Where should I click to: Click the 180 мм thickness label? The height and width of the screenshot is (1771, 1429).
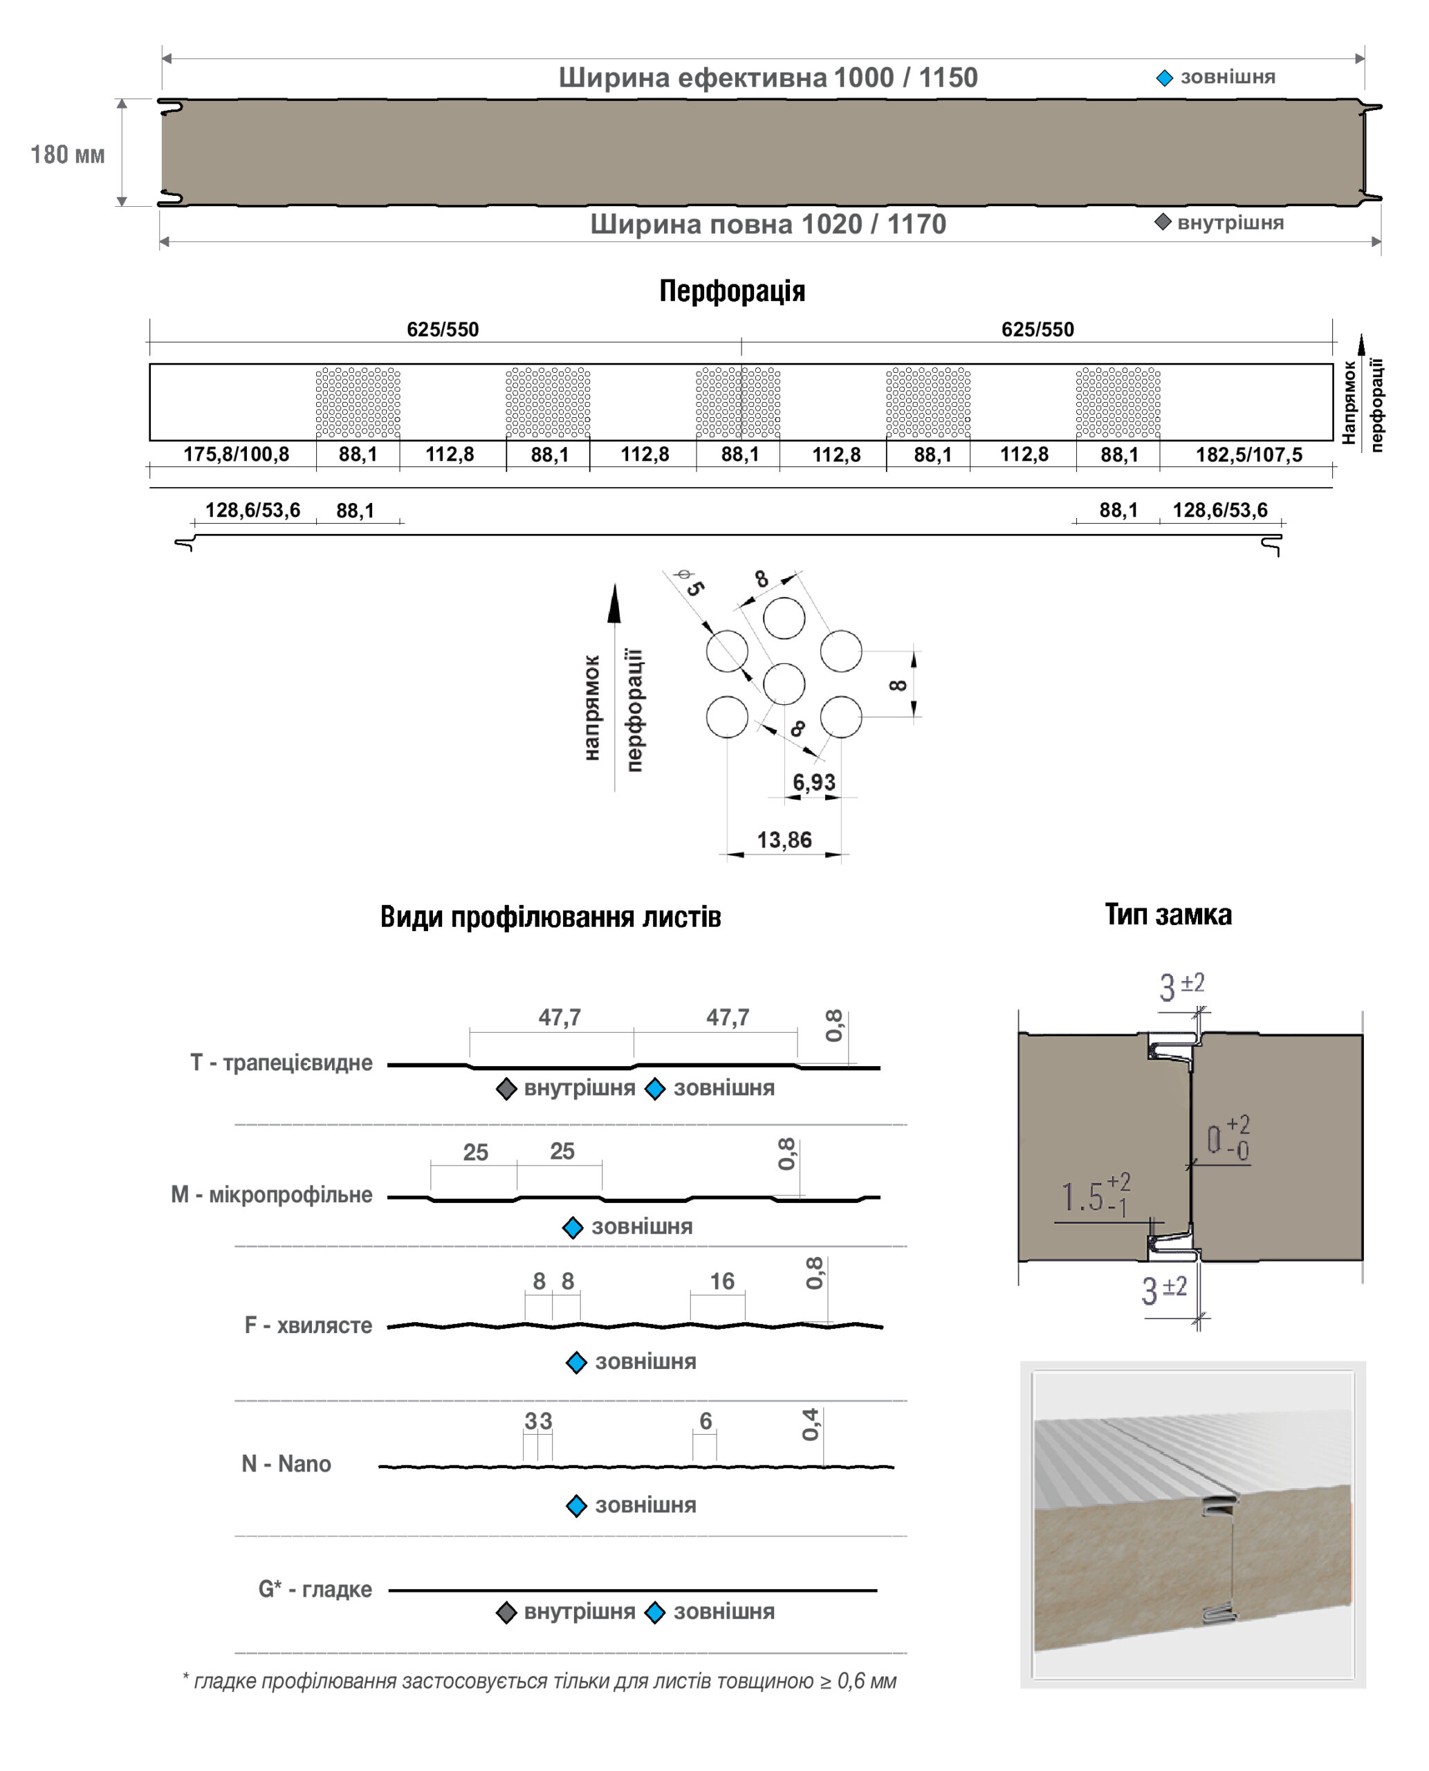[x=68, y=155]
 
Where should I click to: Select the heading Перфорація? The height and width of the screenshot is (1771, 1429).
[x=732, y=291]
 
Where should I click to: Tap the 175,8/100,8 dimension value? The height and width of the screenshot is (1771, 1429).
[x=237, y=455]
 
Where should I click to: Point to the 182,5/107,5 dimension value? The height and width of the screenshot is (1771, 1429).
[x=1248, y=455]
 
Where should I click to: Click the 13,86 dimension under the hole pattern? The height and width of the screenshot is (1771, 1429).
[x=784, y=840]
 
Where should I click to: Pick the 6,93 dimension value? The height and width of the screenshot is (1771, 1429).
[x=813, y=782]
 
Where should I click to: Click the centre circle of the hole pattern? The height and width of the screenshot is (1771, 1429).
[x=784, y=683]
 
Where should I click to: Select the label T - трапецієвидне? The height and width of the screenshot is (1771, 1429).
[x=282, y=1063]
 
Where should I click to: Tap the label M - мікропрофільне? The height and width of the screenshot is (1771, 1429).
[x=272, y=1195]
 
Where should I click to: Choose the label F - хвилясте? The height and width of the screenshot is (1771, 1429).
[x=308, y=1325]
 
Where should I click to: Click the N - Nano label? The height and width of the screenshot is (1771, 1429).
[x=286, y=1463]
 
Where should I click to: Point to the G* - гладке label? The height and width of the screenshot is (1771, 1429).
[x=315, y=1588]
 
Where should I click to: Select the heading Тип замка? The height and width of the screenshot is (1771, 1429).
[x=1168, y=915]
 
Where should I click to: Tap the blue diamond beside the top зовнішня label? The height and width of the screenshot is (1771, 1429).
[x=1164, y=78]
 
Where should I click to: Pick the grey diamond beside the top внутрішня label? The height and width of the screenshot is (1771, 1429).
[x=1162, y=222]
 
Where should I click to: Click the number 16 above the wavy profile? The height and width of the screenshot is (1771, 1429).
[x=722, y=1281]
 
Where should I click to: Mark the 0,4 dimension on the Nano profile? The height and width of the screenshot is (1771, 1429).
[x=811, y=1424]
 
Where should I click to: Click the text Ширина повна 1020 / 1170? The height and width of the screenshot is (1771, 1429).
[x=768, y=224]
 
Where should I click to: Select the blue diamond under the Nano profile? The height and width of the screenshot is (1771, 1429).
[x=576, y=1506]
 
